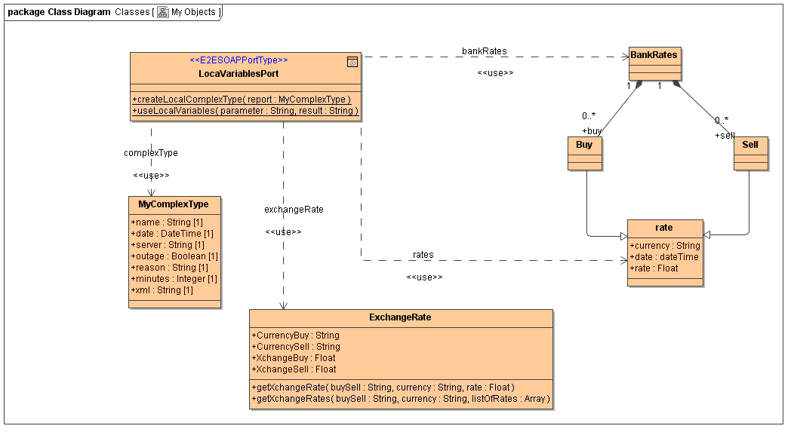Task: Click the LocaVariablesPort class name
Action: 239,73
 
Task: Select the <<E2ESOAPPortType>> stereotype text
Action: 239,60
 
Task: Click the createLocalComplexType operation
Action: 242,100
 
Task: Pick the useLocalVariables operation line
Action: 245,111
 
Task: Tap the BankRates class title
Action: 654,55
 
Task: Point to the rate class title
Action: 664,228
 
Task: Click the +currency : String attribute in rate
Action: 665,246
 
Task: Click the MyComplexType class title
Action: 175,204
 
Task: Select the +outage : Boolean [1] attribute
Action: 174,256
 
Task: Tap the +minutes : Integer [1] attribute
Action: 174,279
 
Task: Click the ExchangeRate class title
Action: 400,317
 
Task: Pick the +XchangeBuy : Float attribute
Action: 294,358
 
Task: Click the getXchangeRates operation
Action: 401,399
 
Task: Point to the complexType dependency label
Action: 151,153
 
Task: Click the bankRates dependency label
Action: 485,51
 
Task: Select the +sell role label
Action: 725,135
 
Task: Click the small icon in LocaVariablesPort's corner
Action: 352,62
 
